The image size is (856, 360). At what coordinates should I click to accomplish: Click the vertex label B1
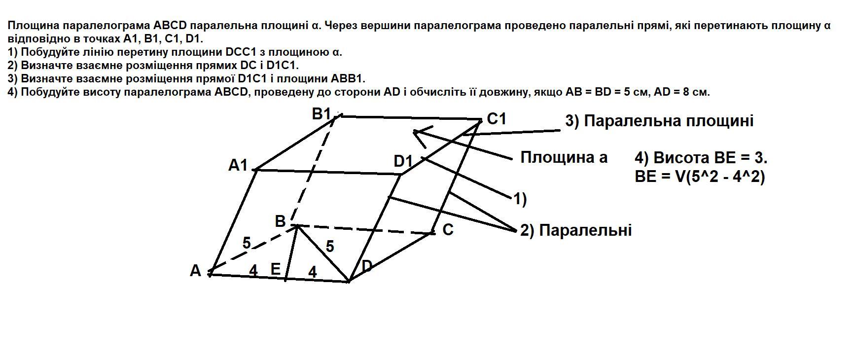[x=321, y=114]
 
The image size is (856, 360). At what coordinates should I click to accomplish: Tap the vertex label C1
[x=497, y=119]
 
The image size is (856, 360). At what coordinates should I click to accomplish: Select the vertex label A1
[x=238, y=165]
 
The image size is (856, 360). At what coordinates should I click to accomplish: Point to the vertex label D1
[x=403, y=161]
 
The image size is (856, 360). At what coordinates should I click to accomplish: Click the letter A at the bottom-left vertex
[x=195, y=271]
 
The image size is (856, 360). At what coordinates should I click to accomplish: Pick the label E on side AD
[x=276, y=269]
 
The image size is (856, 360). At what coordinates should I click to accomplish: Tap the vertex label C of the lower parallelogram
[x=448, y=230]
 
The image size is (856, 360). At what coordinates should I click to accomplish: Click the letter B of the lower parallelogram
[x=280, y=221]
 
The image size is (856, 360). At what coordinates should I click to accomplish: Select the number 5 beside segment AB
[x=247, y=243]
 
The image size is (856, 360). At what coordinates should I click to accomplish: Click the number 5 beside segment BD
[x=330, y=246]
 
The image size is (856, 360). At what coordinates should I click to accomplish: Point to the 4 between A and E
[x=253, y=270]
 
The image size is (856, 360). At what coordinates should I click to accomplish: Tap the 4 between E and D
[x=312, y=271]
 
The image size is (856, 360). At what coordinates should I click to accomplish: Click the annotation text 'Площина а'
[x=564, y=157]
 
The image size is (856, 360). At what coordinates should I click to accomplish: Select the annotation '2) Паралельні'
[x=575, y=230]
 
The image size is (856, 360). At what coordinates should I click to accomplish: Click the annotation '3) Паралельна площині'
[x=659, y=121]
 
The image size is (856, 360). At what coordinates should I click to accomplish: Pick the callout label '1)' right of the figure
[x=520, y=199]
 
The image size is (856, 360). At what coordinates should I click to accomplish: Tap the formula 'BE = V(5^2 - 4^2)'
[x=700, y=177]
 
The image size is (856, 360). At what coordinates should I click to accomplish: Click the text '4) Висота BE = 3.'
[x=701, y=158]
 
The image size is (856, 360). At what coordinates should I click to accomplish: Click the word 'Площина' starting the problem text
[x=28, y=25]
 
